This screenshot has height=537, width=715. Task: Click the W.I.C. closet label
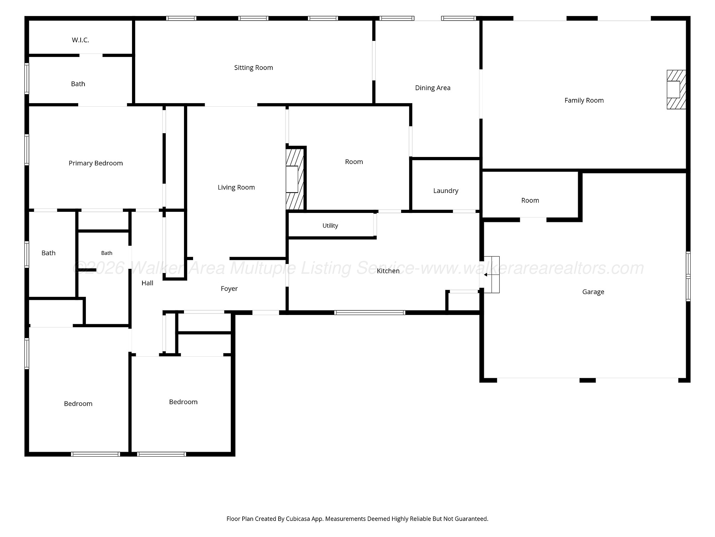(80, 40)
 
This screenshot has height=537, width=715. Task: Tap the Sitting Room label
(253, 68)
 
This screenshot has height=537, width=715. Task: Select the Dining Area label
(433, 88)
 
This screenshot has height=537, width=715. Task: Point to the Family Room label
(584, 101)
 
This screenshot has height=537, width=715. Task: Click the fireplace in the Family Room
(676, 89)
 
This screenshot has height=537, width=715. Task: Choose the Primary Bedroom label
(96, 163)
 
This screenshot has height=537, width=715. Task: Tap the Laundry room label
(445, 191)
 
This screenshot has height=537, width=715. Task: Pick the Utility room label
(330, 226)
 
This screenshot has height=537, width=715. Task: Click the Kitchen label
(388, 271)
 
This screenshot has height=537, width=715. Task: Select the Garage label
(593, 292)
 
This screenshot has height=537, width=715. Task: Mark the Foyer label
(229, 289)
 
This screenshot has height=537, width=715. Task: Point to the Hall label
(147, 283)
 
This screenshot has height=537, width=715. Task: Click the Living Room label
(236, 187)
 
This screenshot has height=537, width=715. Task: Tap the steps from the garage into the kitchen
(492, 275)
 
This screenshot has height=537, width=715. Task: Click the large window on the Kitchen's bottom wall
(370, 313)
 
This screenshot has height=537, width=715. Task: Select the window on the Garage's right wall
(688, 276)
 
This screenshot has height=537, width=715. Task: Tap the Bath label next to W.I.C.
(78, 84)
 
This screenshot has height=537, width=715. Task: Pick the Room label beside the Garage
(530, 201)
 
